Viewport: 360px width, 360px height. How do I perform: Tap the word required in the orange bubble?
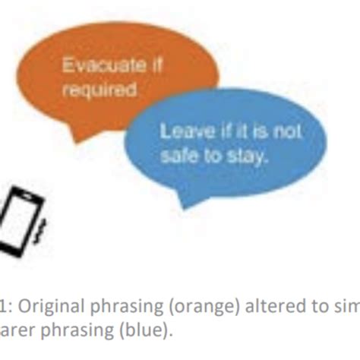(x=89, y=90)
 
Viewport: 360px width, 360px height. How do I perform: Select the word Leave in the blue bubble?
(x=180, y=132)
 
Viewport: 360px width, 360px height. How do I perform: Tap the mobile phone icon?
(x=23, y=216)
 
